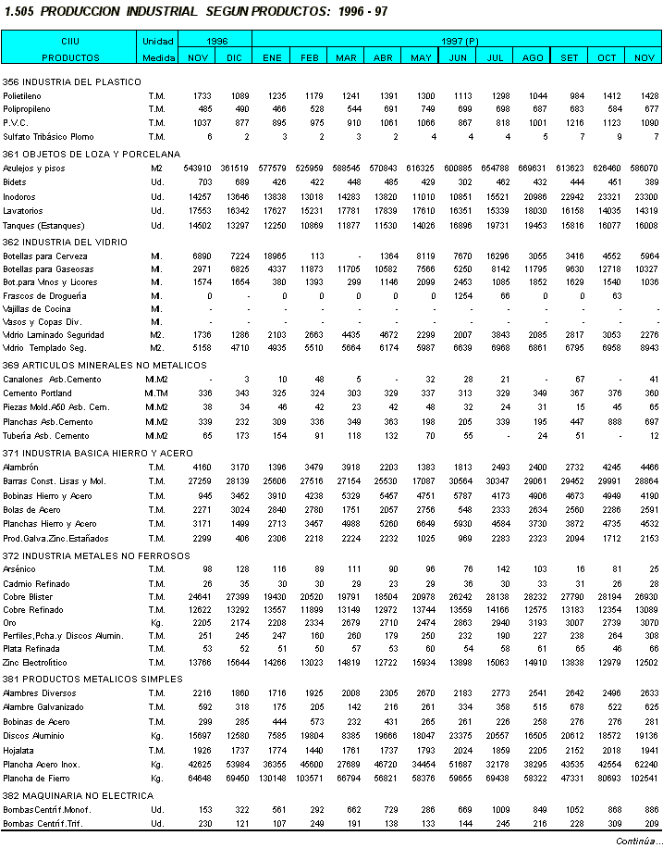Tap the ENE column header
(x=272, y=57)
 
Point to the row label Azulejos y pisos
(x=34, y=168)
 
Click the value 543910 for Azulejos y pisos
(x=197, y=168)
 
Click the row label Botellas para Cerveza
(x=45, y=256)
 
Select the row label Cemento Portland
(x=38, y=393)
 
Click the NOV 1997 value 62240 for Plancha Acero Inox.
(x=645, y=765)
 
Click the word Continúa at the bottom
(x=637, y=840)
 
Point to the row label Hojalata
(x=20, y=750)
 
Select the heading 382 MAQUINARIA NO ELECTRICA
(x=66, y=795)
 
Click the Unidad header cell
(x=157, y=42)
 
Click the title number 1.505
(x=19, y=12)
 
